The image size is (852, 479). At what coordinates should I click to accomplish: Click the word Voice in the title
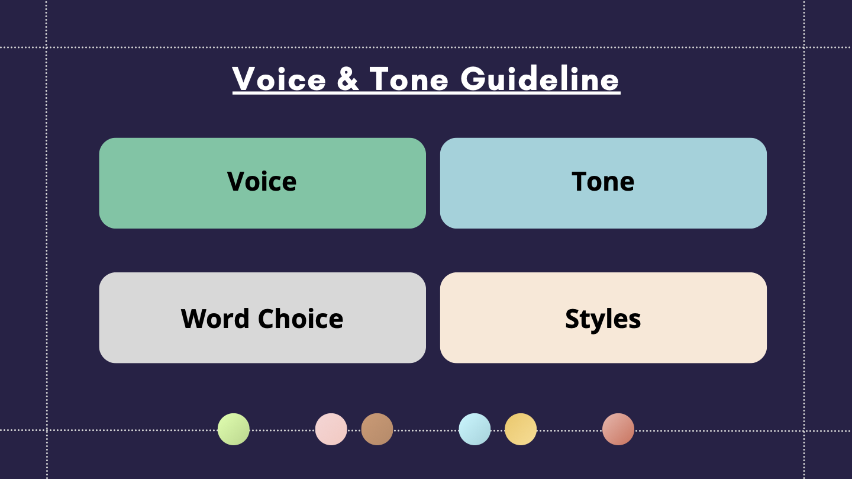(279, 79)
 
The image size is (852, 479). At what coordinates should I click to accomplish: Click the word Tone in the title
(409, 79)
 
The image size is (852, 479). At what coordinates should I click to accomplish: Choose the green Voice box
(263, 183)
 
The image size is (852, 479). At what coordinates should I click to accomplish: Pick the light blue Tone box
(603, 183)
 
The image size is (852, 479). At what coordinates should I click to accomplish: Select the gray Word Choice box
(263, 317)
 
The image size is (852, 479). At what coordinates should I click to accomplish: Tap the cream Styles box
(603, 317)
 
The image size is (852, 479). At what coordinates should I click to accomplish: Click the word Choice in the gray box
(301, 319)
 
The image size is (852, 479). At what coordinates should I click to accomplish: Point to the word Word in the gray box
(215, 319)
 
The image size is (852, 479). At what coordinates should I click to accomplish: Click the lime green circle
(234, 429)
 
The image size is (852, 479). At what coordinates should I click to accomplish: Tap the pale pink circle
(331, 429)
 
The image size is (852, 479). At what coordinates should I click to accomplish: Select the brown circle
(377, 429)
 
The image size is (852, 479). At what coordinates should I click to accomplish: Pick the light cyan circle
(475, 429)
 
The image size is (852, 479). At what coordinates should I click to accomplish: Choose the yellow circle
(520, 429)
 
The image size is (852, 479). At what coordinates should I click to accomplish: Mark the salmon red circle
(618, 429)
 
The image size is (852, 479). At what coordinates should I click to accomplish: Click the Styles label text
(603, 319)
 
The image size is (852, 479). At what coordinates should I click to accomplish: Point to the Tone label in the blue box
(603, 181)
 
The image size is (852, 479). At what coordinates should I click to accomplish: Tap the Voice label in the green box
(262, 181)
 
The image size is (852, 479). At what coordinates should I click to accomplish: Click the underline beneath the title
(427, 92)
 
